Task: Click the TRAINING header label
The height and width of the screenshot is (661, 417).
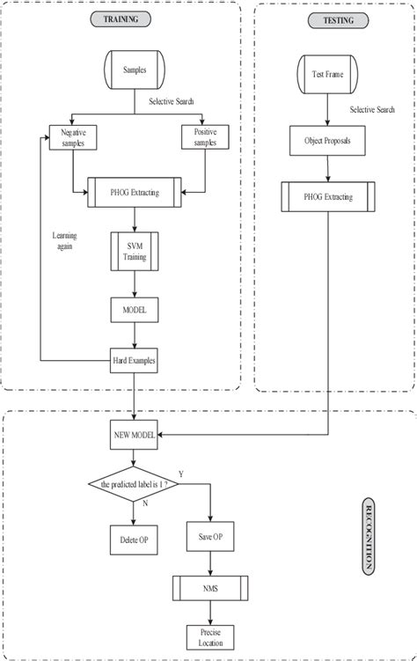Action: coord(121,18)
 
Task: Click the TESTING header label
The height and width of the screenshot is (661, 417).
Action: coord(328,18)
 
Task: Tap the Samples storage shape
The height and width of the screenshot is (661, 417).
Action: coord(134,69)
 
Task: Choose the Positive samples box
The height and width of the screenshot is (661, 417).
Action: coord(204,136)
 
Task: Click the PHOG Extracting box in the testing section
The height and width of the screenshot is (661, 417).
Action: coord(328,197)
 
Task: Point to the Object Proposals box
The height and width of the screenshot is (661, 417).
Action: coord(328,140)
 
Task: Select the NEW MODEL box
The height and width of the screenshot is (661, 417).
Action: coord(134,433)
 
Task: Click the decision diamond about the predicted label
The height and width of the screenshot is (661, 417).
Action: coord(134,485)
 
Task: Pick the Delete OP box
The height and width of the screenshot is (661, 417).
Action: coord(134,539)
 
